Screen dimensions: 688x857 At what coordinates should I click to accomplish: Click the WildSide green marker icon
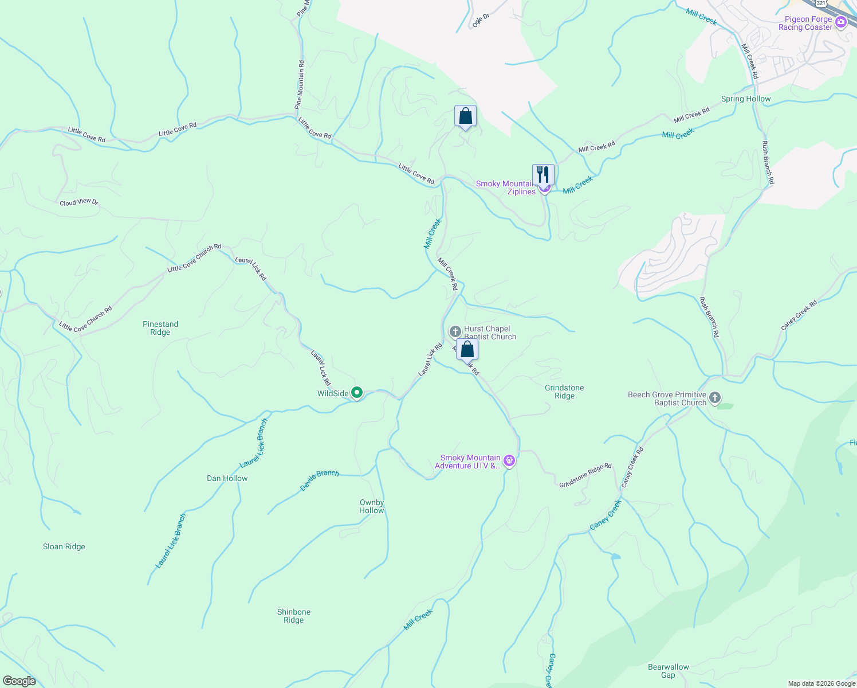coord(357,393)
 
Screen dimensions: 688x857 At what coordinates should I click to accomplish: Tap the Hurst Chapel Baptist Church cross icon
coord(455,331)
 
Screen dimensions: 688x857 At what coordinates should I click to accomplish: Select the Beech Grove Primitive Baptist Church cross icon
coord(714,397)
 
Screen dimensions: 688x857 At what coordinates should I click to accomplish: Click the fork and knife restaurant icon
coord(543,174)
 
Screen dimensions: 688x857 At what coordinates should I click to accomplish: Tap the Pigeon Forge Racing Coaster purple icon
coord(841,22)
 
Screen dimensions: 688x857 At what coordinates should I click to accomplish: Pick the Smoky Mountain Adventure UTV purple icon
coord(509,460)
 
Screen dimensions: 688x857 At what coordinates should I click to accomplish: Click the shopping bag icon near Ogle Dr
coord(465,116)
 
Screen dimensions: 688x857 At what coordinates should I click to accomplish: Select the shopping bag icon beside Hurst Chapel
coord(467,349)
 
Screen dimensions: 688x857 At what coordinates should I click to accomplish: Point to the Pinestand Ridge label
coord(160,328)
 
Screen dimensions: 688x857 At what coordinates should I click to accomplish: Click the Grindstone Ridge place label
coord(564,392)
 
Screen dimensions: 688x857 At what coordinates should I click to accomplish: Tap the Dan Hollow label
coord(227,478)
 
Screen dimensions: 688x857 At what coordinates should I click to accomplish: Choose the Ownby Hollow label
coord(372,506)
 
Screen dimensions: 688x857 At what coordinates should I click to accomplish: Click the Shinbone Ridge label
coord(294,616)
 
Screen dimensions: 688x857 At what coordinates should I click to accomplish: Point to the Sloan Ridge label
coord(64,546)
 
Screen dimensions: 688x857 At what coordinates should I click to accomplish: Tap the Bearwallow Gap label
coord(669,671)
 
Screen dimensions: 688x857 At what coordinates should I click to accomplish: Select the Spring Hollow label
coord(746,99)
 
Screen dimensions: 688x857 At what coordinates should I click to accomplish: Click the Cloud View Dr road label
coord(79,202)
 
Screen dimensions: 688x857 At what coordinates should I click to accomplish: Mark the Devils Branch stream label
coord(320,480)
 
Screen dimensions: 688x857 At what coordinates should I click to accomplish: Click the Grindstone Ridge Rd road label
coord(585,475)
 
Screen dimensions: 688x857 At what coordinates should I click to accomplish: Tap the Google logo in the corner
coord(19,681)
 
